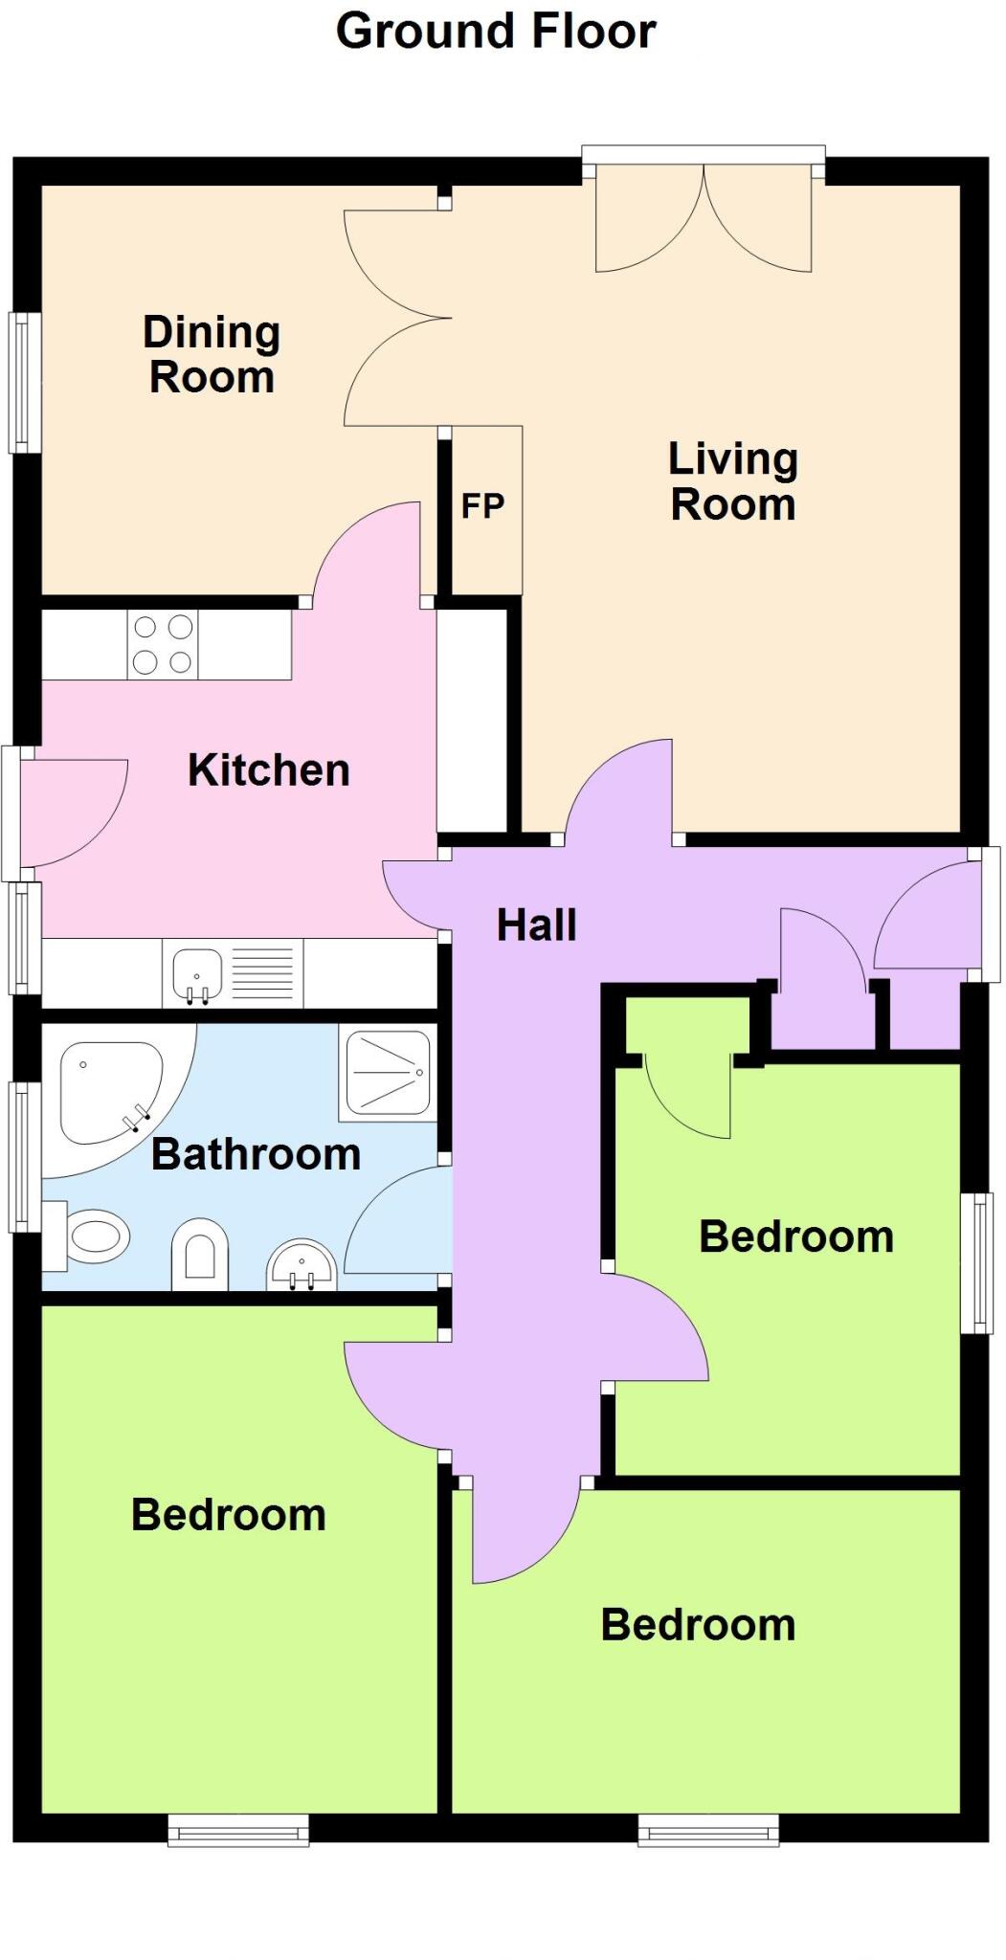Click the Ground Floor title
pos(496,32)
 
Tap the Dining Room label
pos(212,355)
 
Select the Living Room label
pos(733,481)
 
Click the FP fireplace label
pos(482,505)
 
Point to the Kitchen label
pos(269,770)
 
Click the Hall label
pos(536,925)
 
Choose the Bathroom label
pos(256,1154)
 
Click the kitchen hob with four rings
pos(163,645)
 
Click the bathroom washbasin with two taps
pos(302,1266)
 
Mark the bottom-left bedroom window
pos(238,1830)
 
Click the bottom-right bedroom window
pos(708,1830)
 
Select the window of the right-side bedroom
pos(976,1262)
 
